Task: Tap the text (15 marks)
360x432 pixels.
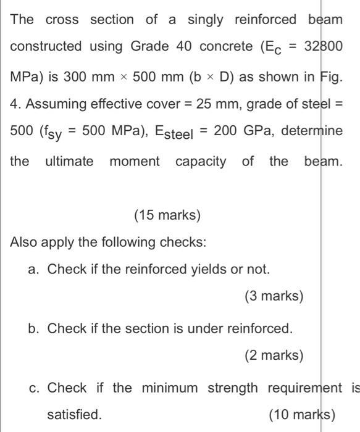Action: click(167, 215)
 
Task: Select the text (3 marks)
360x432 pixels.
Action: click(274, 296)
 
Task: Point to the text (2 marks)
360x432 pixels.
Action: click(274, 355)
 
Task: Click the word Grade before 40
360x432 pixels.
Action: click(148, 46)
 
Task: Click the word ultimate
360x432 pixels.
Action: click(70, 161)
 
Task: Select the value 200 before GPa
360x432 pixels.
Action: click(225, 132)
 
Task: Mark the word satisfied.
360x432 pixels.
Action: click(75, 414)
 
